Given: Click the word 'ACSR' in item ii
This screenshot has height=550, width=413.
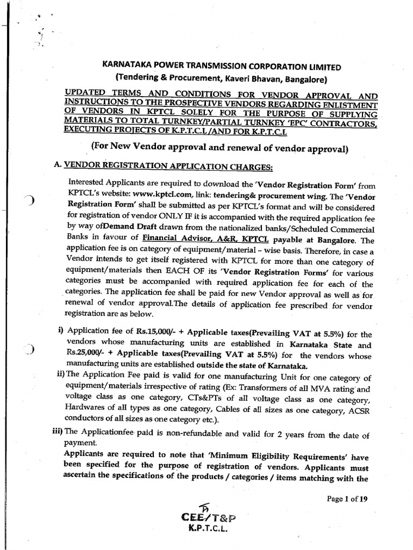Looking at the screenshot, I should click(359, 409).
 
